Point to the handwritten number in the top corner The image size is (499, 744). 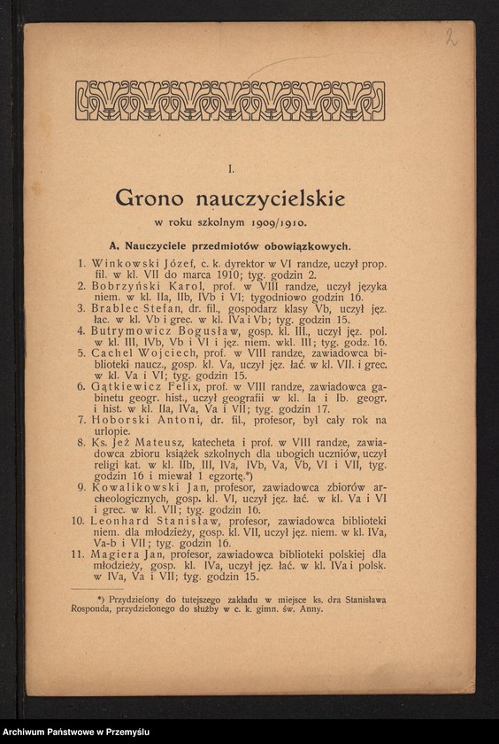pyautogui.click(x=451, y=36)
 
